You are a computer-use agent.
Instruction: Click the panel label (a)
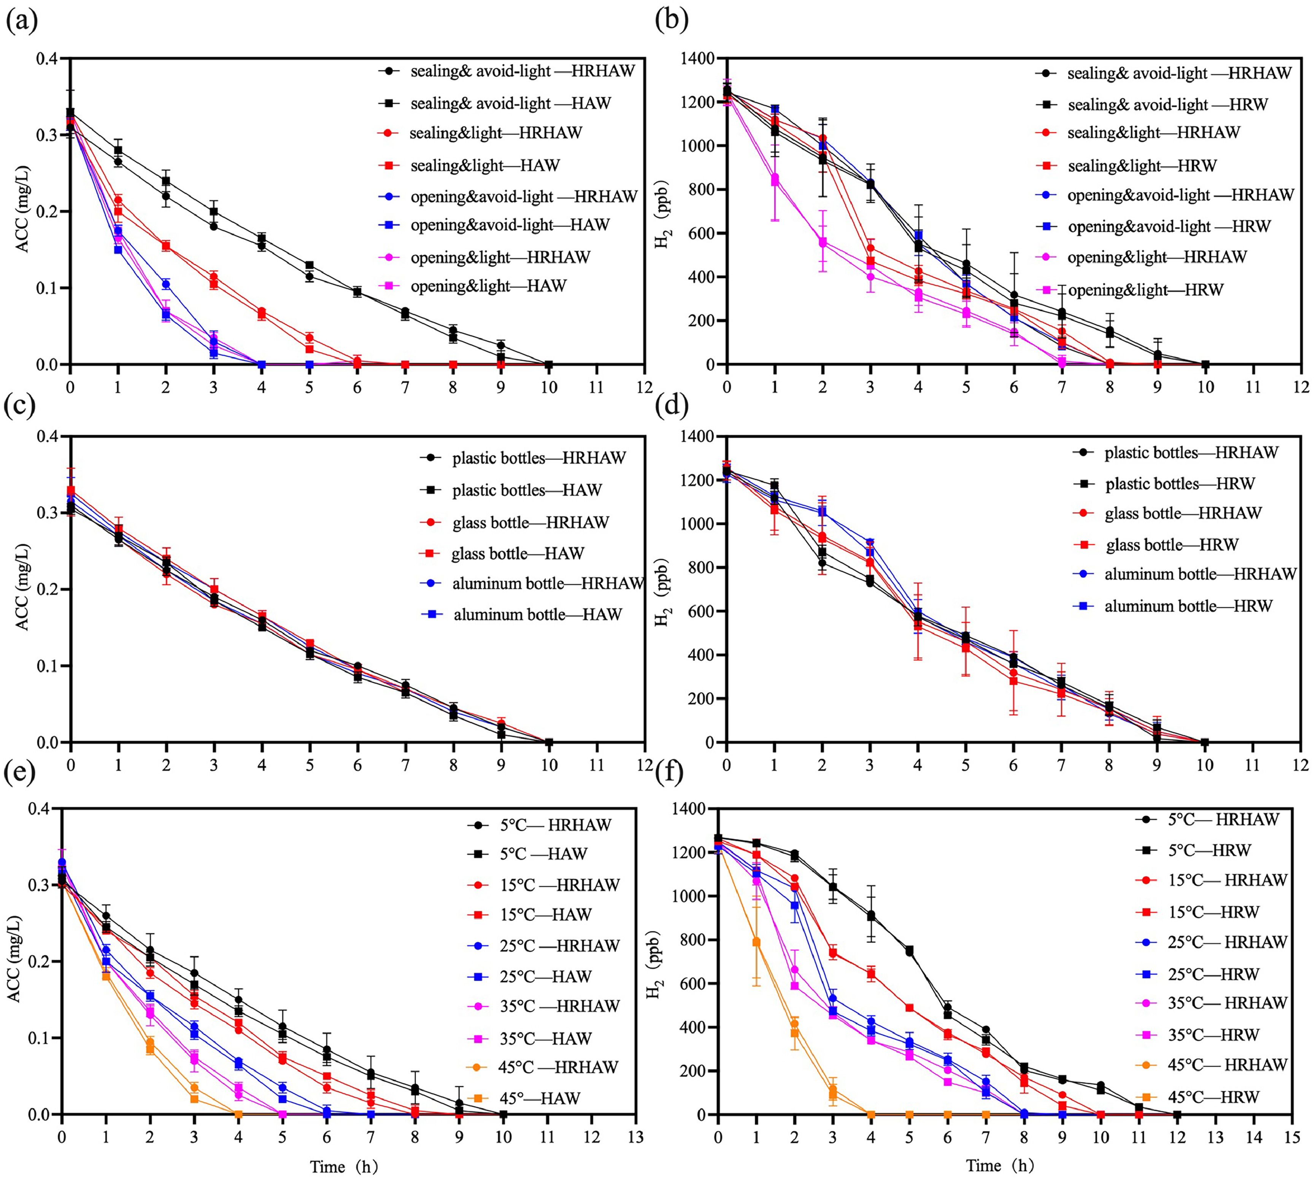click(21, 21)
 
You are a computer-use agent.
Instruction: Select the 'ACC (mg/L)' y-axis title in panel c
click(23, 590)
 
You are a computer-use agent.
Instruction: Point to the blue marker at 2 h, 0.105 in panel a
click(166, 284)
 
